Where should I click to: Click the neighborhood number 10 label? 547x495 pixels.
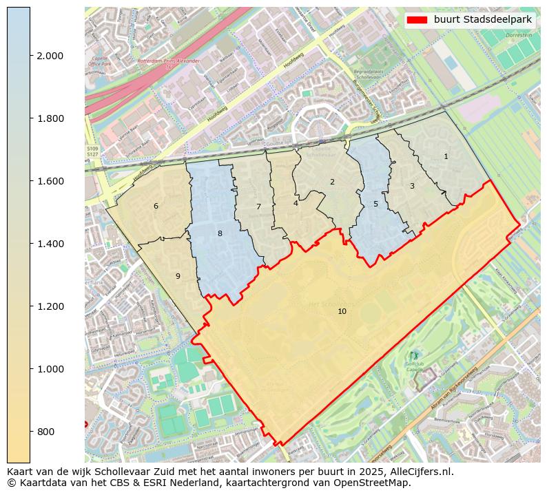(342, 312)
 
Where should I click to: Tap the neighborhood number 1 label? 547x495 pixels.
(446, 157)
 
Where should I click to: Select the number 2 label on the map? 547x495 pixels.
(332, 182)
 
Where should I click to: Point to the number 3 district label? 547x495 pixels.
(412, 187)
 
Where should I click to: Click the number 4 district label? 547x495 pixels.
(296, 204)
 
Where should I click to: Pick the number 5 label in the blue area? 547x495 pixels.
(375, 204)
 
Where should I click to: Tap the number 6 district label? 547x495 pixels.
(156, 207)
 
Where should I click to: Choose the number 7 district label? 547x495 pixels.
(258, 207)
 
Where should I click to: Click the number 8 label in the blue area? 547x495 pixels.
(220, 234)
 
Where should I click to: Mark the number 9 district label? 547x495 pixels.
(178, 277)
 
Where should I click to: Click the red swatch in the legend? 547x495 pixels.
(417, 20)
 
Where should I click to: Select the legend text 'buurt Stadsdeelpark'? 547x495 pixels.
(483, 20)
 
